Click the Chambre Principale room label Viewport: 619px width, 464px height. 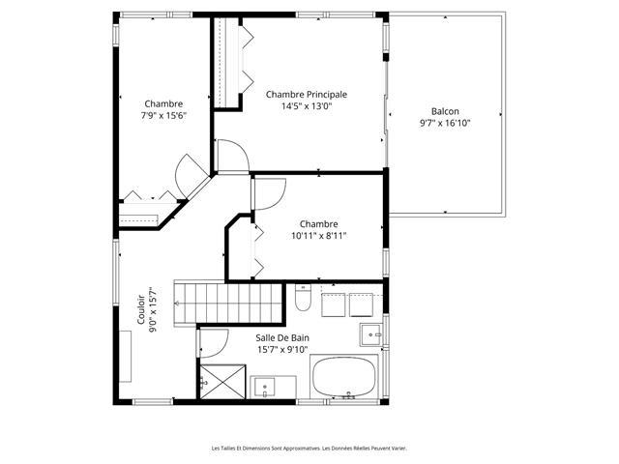(307, 95)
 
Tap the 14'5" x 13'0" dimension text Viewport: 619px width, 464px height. (307, 106)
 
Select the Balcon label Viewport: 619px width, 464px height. (445, 111)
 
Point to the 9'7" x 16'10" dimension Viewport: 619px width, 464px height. (445, 123)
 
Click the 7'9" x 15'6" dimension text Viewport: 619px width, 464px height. (163, 116)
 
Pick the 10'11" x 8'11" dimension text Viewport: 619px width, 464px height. (318, 236)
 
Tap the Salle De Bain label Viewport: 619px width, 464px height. (282, 337)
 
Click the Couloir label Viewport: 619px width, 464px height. (141, 309)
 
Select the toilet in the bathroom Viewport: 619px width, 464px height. (303, 298)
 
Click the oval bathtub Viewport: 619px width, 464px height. (344, 377)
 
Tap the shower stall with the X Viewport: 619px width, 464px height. (223, 382)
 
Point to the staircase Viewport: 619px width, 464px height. (228, 303)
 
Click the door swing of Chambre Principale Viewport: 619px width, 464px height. (233, 156)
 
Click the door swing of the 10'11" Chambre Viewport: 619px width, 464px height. (270, 194)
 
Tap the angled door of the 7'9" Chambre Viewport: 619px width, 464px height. (192, 176)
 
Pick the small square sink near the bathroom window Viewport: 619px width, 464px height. (370, 335)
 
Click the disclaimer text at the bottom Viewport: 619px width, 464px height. (309, 449)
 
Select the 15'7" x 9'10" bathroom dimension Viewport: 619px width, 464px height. (282, 350)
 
